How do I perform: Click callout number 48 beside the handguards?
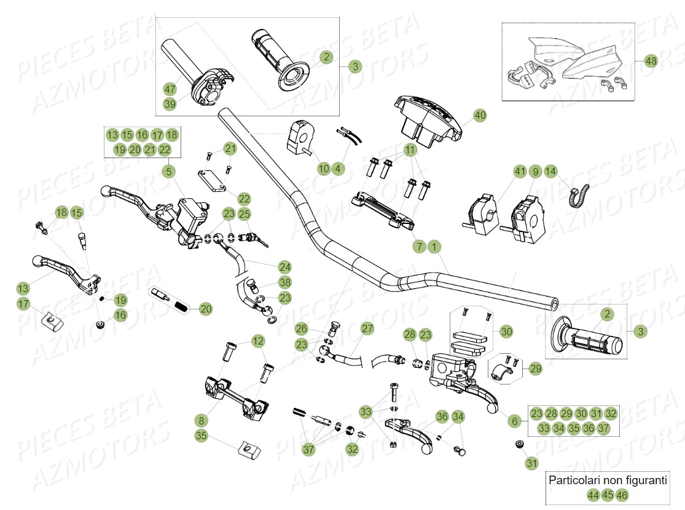651,61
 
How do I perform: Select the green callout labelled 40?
480,115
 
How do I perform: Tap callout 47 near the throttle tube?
170,89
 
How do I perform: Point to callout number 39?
170,104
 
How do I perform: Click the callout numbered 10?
324,168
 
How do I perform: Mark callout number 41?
520,171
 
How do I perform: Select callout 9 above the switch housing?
535,171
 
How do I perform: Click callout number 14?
550,171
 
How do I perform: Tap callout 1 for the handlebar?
434,247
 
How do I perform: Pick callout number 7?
420,247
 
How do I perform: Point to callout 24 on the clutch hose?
284,267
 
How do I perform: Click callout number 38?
284,282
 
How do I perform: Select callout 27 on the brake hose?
367,329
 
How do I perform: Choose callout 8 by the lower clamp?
201,421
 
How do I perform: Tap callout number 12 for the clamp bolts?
258,341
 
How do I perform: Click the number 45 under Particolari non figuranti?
607,495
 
